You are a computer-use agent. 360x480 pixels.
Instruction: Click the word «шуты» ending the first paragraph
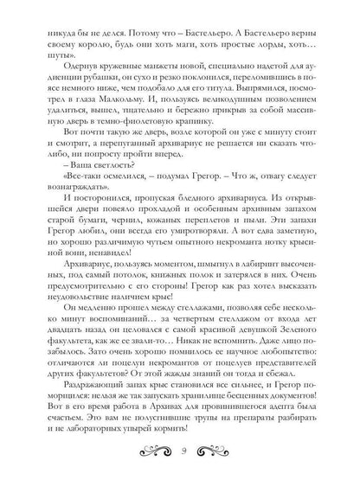tap(66, 50)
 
